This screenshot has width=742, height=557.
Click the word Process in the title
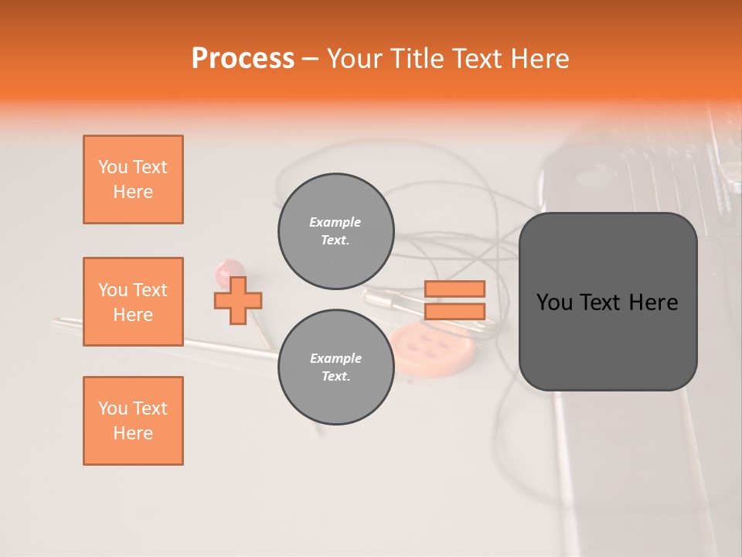pyautogui.click(x=243, y=59)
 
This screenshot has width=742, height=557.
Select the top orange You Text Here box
pyautogui.click(x=133, y=179)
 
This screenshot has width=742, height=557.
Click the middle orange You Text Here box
pyautogui.click(x=133, y=302)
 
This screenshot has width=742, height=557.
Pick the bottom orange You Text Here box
pyautogui.click(x=133, y=421)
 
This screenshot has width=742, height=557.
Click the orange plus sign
pyautogui.click(x=238, y=300)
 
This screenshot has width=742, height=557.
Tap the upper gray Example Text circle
pyautogui.click(x=335, y=231)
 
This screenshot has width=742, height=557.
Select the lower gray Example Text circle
pyautogui.click(x=335, y=367)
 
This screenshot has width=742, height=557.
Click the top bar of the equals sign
pyautogui.click(x=454, y=289)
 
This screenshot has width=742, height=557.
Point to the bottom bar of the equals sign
pyautogui.click(x=454, y=312)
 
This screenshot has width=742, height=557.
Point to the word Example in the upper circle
pyautogui.click(x=335, y=222)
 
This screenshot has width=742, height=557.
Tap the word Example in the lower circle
pyautogui.click(x=335, y=358)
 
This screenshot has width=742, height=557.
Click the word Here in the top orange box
pyautogui.click(x=133, y=192)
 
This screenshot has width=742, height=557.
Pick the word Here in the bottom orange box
pyautogui.click(x=133, y=433)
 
